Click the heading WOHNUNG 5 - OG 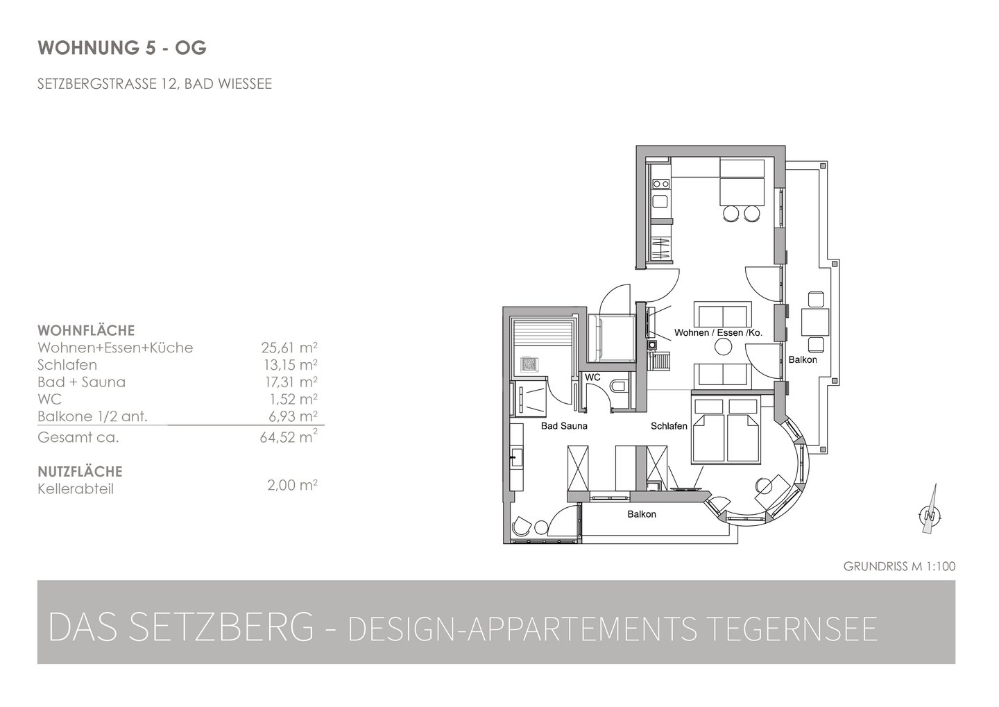(x=122, y=48)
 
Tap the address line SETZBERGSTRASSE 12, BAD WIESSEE (x=154, y=84)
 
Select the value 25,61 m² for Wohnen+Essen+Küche (x=289, y=347)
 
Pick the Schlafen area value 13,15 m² (x=290, y=364)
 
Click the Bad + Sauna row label (x=82, y=382)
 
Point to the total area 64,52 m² (x=289, y=436)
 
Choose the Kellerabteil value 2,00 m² (x=292, y=485)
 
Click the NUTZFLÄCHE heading (x=80, y=472)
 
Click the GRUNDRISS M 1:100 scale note (x=899, y=566)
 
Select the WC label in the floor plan (x=592, y=377)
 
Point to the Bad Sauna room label (x=564, y=426)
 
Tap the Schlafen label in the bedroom (x=669, y=426)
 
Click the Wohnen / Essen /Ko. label (x=718, y=332)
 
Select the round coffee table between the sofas (x=723, y=347)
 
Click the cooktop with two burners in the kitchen (x=660, y=183)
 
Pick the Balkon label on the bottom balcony (x=641, y=514)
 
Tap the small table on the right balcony (x=815, y=322)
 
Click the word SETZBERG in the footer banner (x=223, y=627)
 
